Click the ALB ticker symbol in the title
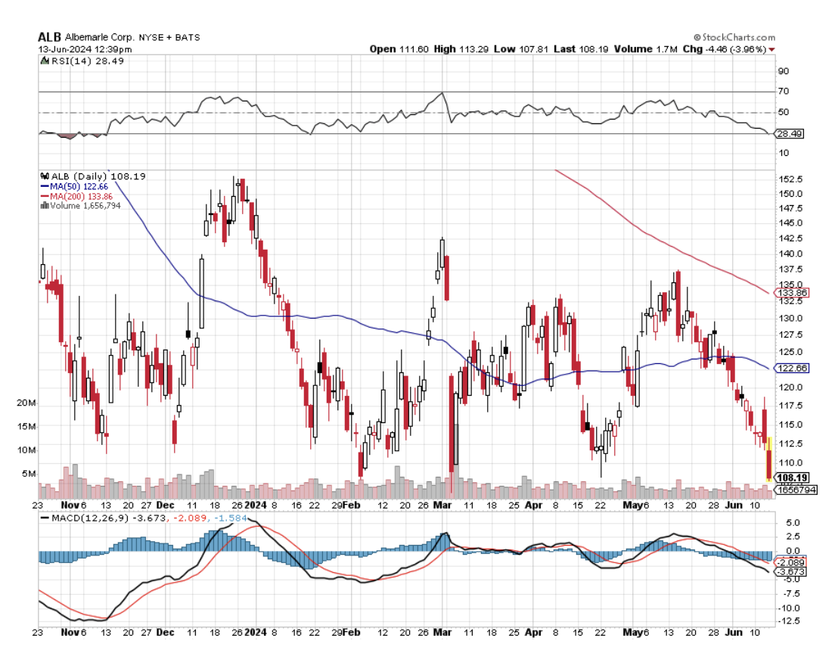pos(49,37)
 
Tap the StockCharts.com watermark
pos(734,37)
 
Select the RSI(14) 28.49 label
pos(76,61)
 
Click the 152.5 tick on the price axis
pos(790,179)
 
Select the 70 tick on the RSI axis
pos(784,92)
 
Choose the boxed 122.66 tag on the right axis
pos(793,368)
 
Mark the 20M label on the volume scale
pos(26,403)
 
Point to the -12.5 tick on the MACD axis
pos(790,621)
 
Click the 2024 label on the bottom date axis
pos(256,630)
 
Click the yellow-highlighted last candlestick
pos(769,458)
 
